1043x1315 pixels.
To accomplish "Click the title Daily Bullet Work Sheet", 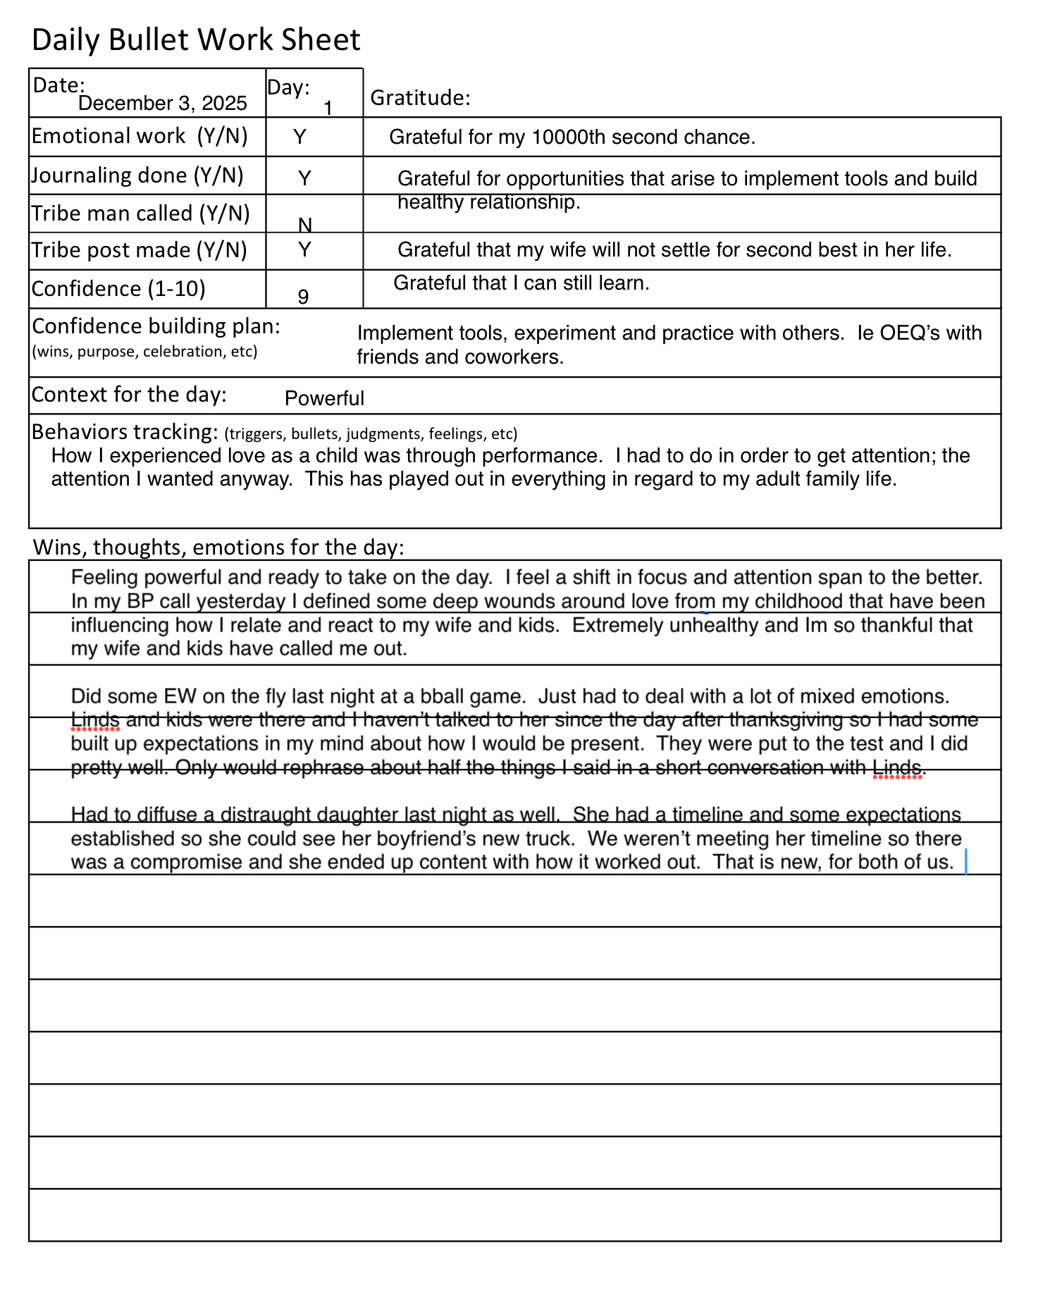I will [x=196, y=40].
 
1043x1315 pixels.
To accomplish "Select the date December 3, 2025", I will [x=163, y=104].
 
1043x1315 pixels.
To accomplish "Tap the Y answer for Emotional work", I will [x=300, y=137].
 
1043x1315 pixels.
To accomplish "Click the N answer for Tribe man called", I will [x=305, y=225].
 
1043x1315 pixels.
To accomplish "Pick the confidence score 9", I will [x=303, y=297].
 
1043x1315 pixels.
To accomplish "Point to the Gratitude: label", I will [x=420, y=98].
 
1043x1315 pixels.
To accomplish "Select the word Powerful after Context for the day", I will [x=324, y=399].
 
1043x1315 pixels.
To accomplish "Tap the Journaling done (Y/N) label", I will [x=137, y=175].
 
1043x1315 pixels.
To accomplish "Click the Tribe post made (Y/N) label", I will [x=139, y=251].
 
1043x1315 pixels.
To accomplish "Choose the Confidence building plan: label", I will [x=156, y=326].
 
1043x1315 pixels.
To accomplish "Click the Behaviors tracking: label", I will [x=125, y=431].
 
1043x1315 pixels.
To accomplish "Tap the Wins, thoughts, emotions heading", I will [x=218, y=548].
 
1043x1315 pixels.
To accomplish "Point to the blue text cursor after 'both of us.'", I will [x=965, y=862].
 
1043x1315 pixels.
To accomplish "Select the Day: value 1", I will [x=328, y=109].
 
